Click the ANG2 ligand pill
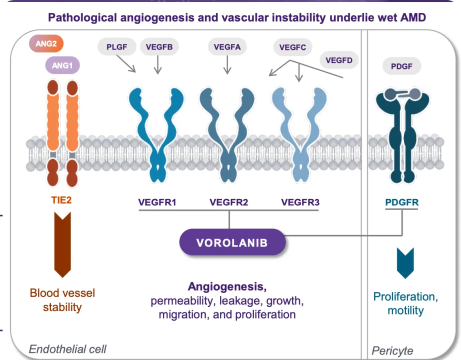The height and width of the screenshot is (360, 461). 46,44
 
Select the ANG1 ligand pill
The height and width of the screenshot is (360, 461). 62,65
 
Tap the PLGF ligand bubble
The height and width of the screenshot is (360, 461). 116,47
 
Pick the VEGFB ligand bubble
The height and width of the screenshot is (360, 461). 159,47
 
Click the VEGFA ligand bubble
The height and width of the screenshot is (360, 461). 227,47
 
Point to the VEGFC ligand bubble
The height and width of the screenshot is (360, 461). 292,48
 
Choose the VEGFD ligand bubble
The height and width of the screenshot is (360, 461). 339,61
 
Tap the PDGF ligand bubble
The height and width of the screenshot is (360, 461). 402,66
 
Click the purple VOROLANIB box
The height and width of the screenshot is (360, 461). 232,243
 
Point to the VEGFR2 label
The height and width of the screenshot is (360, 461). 229,202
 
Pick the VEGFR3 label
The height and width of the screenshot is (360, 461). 300,202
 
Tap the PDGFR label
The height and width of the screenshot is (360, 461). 402,202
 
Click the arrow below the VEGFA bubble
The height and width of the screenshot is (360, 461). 227,65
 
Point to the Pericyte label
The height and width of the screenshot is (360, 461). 392,351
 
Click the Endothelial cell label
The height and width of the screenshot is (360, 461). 67,349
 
